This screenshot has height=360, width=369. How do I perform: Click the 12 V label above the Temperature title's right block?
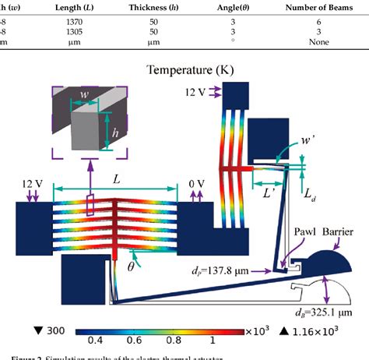(206, 92)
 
